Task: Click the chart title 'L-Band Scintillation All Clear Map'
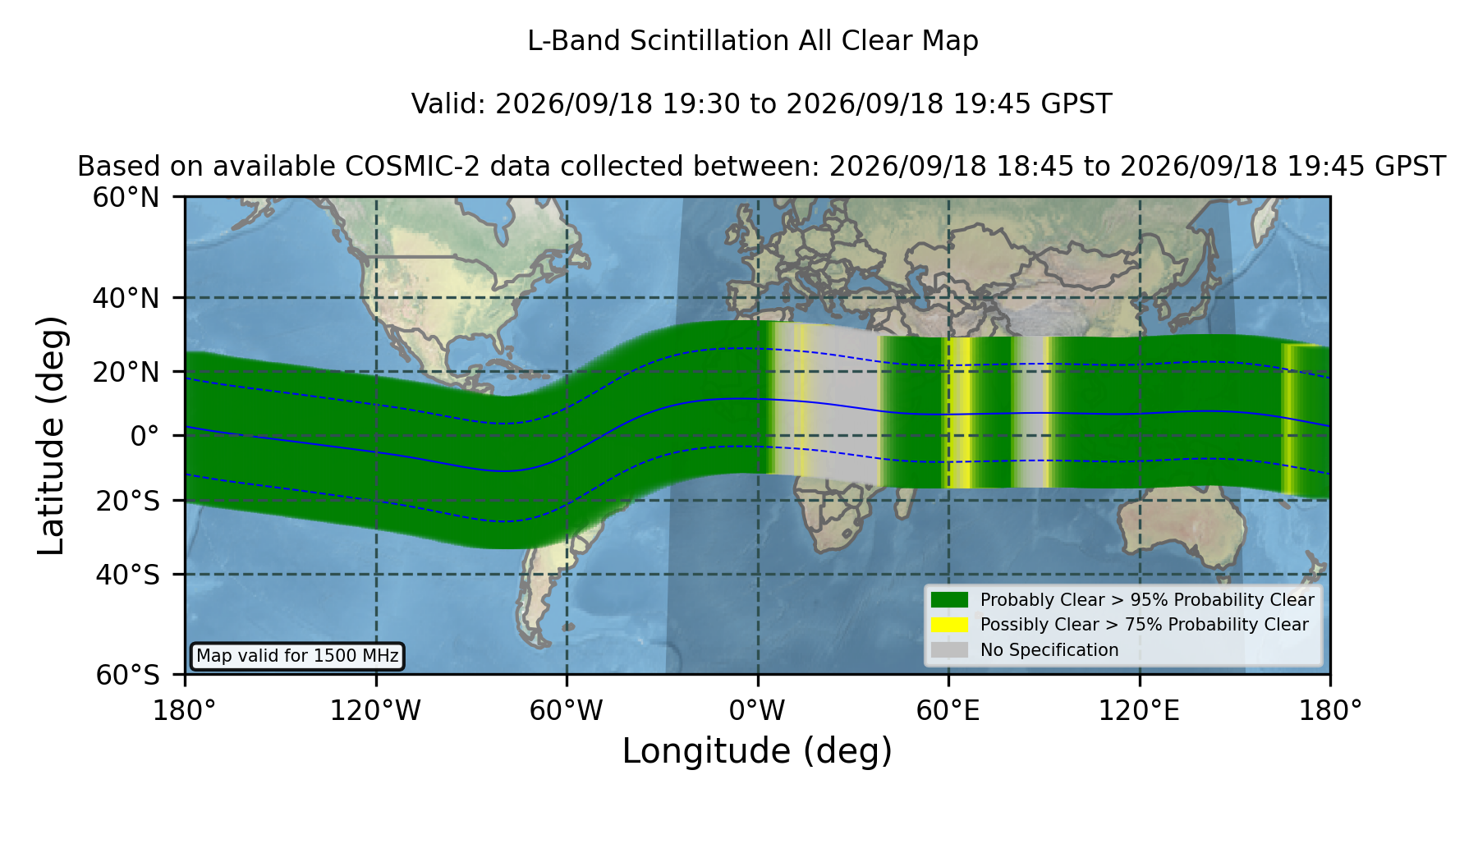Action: pyautogui.click(x=753, y=41)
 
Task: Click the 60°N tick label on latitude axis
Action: pyautogui.click(x=126, y=198)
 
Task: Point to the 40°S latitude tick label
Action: pyautogui.click(x=127, y=575)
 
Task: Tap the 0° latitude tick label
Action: pyautogui.click(x=145, y=436)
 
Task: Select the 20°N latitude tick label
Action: pyautogui.click(x=126, y=372)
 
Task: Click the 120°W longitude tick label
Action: pyautogui.click(x=375, y=711)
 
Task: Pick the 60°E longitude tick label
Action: pyautogui.click(x=948, y=711)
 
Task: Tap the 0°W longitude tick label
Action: pyautogui.click(x=758, y=711)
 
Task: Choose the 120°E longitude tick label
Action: pyautogui.click(x=1139, y=711)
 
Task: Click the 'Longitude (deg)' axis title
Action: pyautogui.click(x=757, y=751)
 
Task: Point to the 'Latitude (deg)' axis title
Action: pyautogui.click(x=52, y=435)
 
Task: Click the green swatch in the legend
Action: pyautogui.click(x=950, y=600)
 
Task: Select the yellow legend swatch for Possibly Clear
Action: pyautogui.click(x=950, y=625)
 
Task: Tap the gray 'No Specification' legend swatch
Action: pyautogui.click(x=950, y=650)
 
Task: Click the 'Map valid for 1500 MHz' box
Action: pyautogui.click(x=297, y=656)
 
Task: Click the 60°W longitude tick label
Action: pyautogui.click(x=567, y=711)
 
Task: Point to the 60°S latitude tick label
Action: pyautogui.click(x=127, y=676)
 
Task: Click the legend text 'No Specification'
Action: pyautogui.click(x=1049, y=650)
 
